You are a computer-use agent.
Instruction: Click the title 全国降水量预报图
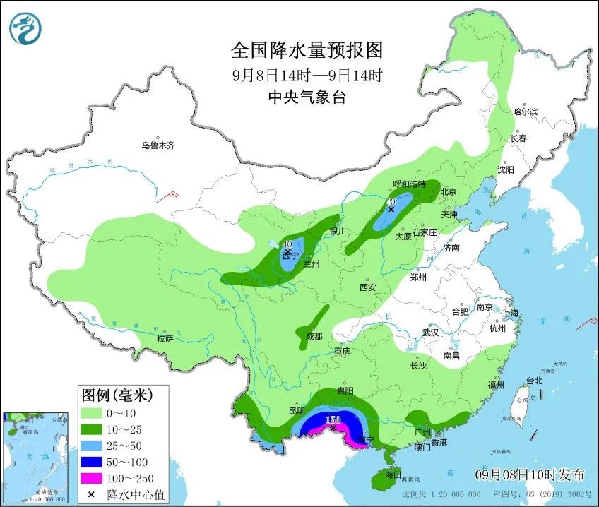307,51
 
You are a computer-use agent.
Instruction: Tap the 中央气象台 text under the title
307,97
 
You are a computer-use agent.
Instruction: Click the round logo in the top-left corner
25,28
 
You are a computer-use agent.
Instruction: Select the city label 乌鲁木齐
157,145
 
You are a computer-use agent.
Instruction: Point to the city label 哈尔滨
525,112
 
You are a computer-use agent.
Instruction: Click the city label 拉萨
165,338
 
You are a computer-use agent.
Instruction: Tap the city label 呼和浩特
409,184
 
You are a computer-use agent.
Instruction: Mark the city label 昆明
297,411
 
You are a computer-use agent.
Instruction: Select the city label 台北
534,381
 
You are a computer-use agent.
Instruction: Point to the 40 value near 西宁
287,245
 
